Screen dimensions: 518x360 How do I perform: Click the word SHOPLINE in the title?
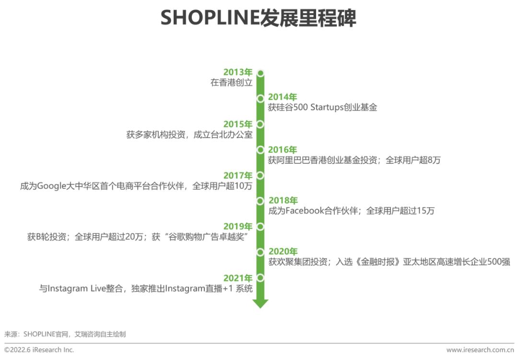point(210,18)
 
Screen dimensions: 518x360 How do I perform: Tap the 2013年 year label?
point(238,72)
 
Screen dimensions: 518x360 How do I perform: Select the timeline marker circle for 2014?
point(260,98)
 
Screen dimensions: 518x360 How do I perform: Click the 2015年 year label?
point(238,124)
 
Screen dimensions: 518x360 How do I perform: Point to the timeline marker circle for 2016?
point(260,150)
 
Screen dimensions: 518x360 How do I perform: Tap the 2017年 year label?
point(238,176)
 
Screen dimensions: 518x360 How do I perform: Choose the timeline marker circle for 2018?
point(260,201)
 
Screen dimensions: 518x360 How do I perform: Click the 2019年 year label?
point(238,227)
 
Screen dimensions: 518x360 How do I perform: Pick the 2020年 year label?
point(283,252)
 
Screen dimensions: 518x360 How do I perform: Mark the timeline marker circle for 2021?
point(260,278)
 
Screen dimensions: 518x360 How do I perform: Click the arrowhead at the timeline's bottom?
point(260,303)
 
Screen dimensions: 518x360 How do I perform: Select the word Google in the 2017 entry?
point(51,186)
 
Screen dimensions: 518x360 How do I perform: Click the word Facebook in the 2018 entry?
point(305,211)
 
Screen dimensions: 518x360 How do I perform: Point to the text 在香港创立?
point(232,82)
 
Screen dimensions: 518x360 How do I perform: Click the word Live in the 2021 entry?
point(98,288)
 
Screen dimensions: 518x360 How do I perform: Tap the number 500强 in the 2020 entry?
point(498,262)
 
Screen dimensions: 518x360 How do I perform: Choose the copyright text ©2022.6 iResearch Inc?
point(39,350)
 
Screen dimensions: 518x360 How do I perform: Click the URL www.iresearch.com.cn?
point(480,350)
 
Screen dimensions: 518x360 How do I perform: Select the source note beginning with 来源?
point(65,334)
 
